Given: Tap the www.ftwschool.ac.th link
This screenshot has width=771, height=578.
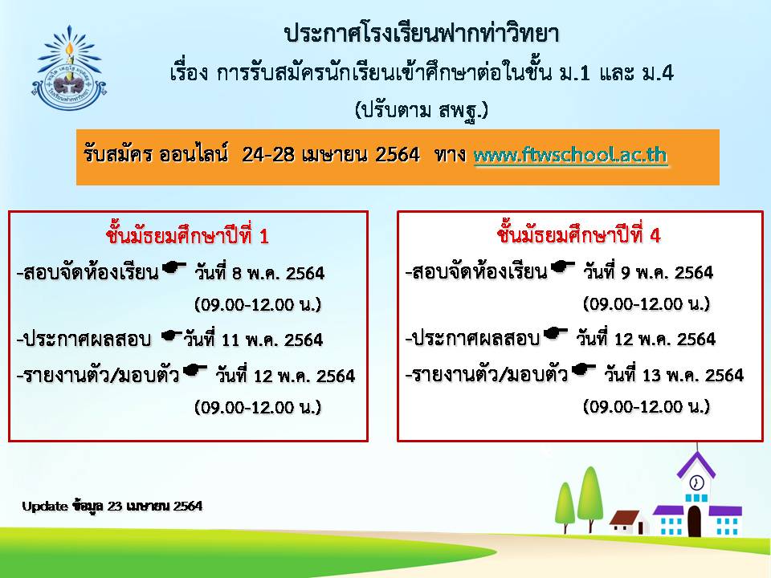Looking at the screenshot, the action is click(570, 155).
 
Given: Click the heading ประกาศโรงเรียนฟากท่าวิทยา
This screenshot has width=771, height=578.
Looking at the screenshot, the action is click(422, 33).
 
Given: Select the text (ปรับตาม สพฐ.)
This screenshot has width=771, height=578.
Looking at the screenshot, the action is click(422, 110).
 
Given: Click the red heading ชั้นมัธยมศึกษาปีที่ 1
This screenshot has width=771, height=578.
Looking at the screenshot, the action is click(187, 236).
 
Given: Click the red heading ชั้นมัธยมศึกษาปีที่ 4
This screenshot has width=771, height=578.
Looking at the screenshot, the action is click(579, 235).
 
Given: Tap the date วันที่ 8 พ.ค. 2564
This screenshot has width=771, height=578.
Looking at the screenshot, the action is click(259, 272).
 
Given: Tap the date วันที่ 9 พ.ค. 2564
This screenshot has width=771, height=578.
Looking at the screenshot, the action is click(648, 271).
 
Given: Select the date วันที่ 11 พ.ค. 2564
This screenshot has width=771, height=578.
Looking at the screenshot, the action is click(253, 339).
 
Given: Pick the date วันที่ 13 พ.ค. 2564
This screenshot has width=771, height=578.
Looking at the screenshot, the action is click(674, 375).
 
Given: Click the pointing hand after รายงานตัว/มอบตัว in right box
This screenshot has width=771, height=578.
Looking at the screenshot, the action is click(583, 369).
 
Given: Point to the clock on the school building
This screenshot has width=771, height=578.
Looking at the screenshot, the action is click(696, 482).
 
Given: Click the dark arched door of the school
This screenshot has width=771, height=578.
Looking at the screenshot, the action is click(694, 521).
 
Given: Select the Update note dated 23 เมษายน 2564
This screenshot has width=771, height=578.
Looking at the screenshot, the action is click(112, 506).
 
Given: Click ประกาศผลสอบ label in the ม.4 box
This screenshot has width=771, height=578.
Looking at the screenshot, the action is click(472, 339).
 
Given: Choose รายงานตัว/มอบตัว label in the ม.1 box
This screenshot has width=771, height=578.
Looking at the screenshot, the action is click(98, 376).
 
